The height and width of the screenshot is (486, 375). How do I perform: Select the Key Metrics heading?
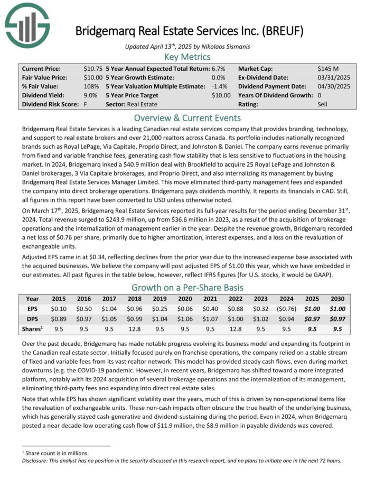(x=187, y=57)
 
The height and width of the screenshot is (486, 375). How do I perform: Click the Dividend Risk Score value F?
(x=85, y=104)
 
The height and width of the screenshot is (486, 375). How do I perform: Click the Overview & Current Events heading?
(x=187, y=117)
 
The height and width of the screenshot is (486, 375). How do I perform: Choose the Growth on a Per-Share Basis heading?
(x=187, y=287)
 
